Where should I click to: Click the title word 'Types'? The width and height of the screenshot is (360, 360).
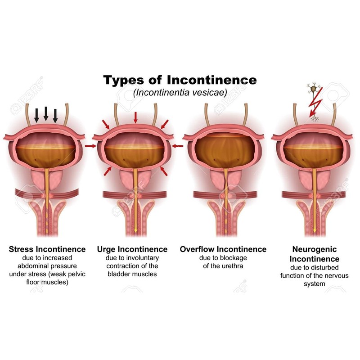point(126,81)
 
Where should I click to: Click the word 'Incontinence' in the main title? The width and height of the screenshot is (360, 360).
point(211,81)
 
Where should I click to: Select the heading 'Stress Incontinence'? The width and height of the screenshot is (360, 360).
point(47,249)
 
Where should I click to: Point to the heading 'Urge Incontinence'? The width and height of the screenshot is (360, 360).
point(132,249)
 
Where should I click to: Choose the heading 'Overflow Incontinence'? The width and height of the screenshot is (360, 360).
point(223,249)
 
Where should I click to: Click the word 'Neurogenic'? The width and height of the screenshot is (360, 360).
point(314,249)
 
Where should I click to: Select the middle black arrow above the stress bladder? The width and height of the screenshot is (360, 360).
point(46,113)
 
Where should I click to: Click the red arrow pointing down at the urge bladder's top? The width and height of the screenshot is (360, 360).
point(135,117)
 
